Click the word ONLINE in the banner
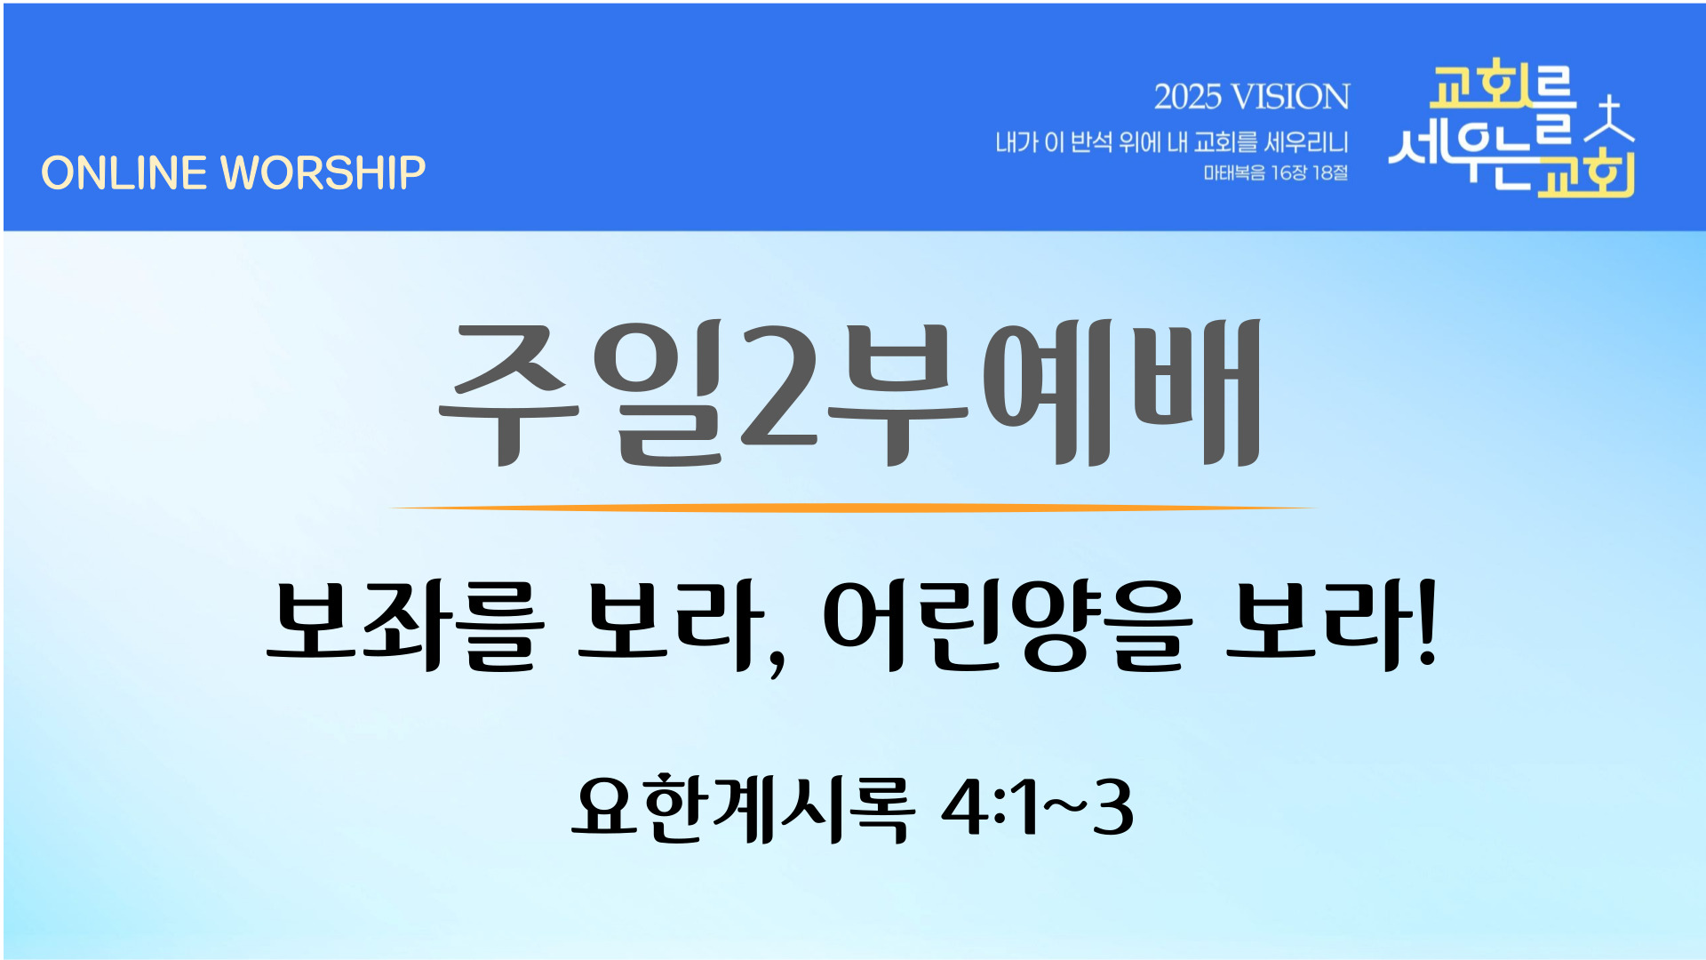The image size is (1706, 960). pyautogui.click(x=124, y=173)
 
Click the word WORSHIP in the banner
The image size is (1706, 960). pyautogui.click(x=323, y=173)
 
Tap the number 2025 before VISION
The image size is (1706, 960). pyautogui.click(x=1187, y=97)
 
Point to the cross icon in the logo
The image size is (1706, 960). pyautogui.click(x=1610, y=119)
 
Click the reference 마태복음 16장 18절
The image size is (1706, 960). pyautogui.click(x=1276, y=172)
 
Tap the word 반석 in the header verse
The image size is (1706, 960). pyautogui.click(x=1091, y=142)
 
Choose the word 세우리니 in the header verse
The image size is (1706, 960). pyautogui.click(x=1306, y=142)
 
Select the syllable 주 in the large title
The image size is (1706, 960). pyautogui.click(x=509, y=393)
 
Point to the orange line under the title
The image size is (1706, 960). pyautogui.click(x=853, y=508)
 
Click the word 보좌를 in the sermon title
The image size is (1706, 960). pyautogui.click(x=405, y=624)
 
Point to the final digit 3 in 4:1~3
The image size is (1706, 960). pyautogui.click(x=1113, y=807)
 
